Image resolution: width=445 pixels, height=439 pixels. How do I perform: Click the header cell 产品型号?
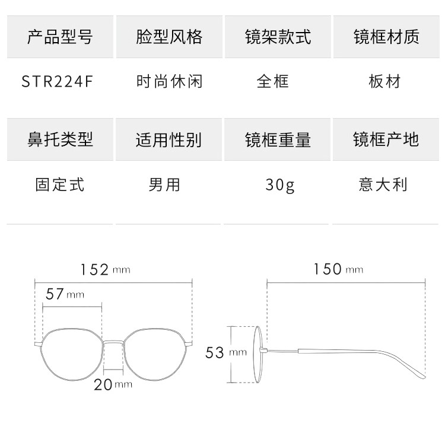point(60,37)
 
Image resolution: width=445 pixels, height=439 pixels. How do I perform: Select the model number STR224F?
point(58,81)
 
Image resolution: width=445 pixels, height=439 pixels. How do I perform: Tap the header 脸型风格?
point(169,37)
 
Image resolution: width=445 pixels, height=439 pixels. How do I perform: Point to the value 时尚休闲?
point(169,81)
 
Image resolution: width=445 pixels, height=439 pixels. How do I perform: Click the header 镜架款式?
point(278,37)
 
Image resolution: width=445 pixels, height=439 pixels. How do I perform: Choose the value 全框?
point(273,81)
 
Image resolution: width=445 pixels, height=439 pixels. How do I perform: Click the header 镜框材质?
point(386,37)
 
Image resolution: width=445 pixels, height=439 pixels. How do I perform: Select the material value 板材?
point(384,81)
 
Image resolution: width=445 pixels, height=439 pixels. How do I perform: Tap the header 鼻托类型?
point(60,140)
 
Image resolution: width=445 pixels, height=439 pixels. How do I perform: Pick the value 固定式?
point(60,184)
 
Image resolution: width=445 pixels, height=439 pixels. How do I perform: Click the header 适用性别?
point(169,140)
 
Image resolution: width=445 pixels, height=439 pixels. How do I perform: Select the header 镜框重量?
point(278,140)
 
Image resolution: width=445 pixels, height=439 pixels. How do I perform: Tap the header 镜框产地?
point(386,140)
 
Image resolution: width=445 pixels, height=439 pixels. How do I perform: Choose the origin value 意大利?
point(383,184)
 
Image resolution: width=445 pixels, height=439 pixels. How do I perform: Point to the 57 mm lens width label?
point(65,294)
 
